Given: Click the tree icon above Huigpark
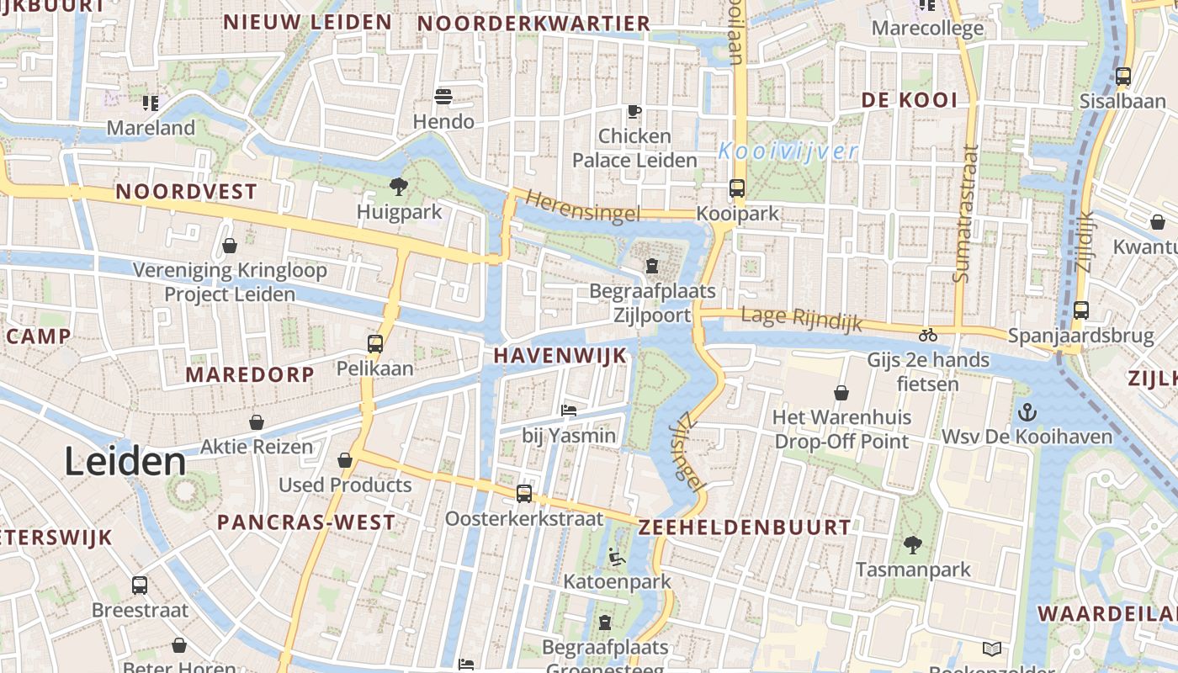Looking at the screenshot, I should [x=398, y=186].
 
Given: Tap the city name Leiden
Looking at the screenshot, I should [x=125, y=462].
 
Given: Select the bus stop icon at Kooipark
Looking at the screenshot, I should [x=737, y=188].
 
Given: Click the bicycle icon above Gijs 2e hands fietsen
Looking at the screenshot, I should [x=928, y=335].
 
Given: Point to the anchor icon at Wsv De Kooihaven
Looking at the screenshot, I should [x=1027, y=412].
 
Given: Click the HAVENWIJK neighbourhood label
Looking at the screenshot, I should [x=560, y=356].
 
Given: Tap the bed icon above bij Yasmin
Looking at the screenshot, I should [x=569, y=411].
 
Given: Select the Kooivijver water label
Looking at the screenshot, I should [x=788, y=151].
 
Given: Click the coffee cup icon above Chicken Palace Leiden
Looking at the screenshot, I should [x=634, y=111].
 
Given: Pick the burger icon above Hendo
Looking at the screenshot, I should [x=443, y=97].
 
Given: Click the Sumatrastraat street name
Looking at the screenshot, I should [x=968, y=214].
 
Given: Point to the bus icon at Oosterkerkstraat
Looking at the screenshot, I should [x=524, y=494].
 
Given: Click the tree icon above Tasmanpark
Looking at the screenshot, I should [x=913, y=545].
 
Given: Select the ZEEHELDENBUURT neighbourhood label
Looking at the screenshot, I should [x=745, y=527].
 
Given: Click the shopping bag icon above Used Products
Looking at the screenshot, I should [x=345, y=460].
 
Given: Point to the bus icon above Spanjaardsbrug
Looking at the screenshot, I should [x=1081, y=310].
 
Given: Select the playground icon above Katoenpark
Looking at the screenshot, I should [x=617, y=557].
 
